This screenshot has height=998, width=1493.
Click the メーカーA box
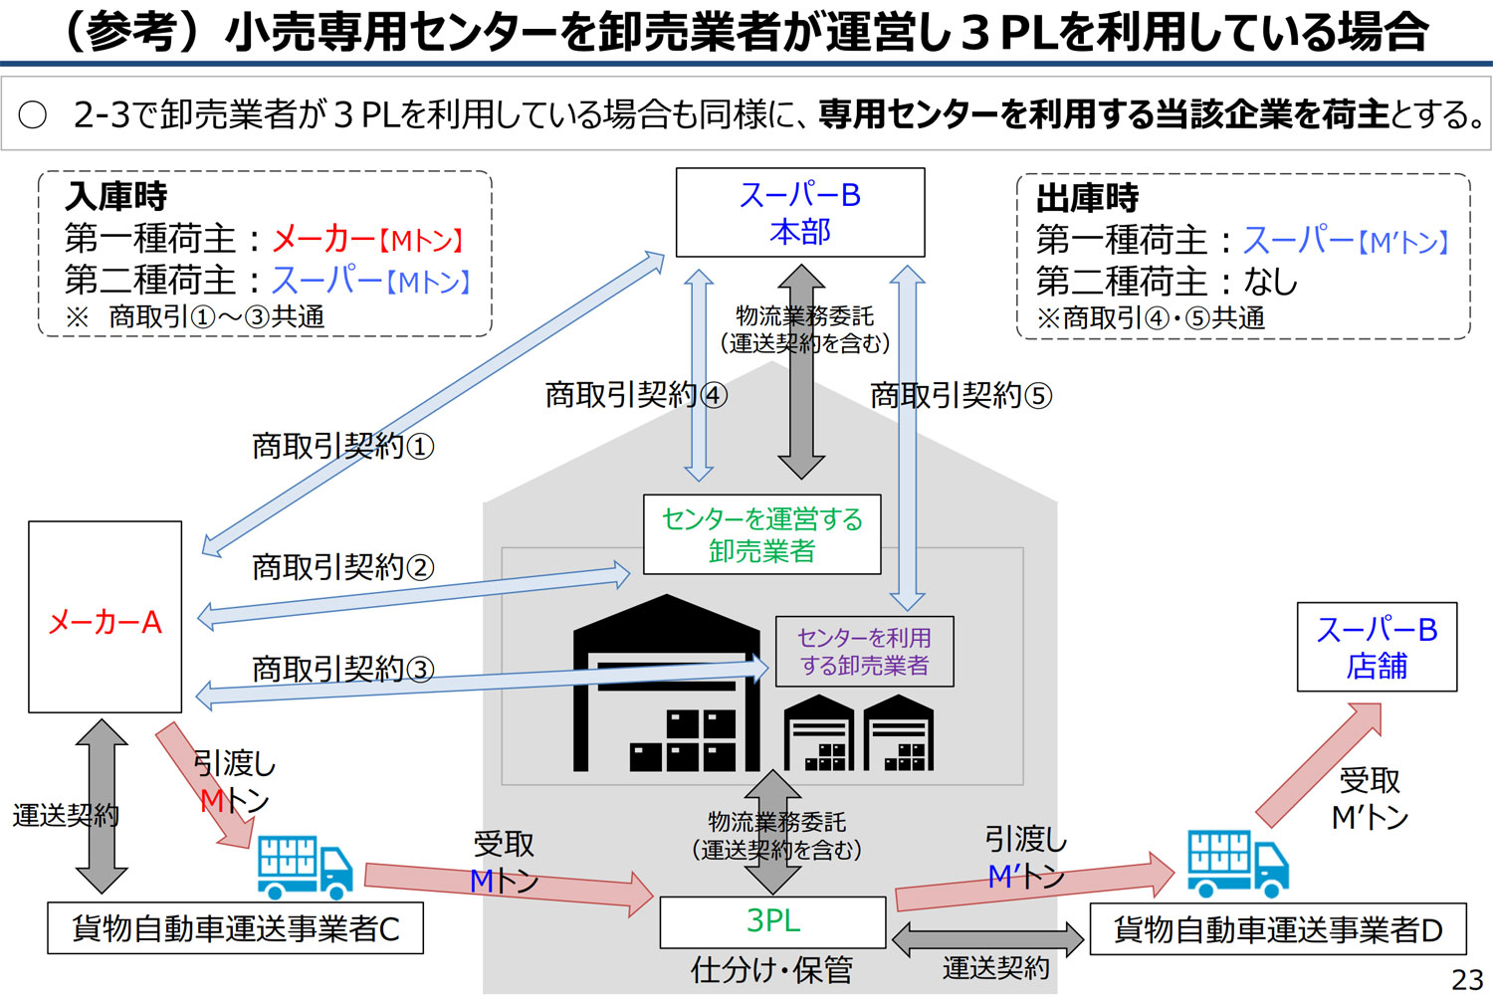[105, 617]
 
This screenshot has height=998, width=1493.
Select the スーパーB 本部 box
[800, 212]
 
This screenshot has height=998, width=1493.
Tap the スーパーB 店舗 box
[1377, 647]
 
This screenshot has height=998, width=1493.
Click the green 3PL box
[772, 921]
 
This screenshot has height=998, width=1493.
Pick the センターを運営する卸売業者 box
[761, 534]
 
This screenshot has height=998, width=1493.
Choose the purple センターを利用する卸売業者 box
[864, 652]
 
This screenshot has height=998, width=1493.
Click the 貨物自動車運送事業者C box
[235, 928]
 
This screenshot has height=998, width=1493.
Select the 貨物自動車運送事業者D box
[1277, 929]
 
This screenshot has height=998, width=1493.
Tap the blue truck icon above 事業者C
[304, 867]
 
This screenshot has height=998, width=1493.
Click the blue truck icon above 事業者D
[1237, 862]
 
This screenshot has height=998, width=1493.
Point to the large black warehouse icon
[667, 687]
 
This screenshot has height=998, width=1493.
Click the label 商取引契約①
[342, 446]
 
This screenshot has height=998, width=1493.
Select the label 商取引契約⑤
[960, 396]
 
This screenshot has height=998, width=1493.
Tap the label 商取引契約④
[636, 395]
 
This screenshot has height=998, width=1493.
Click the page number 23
[1466, 979]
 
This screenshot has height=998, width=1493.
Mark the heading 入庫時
[116, 196]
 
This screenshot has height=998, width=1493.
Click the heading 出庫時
[1087, 198]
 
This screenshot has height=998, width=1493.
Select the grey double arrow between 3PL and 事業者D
[987, 938]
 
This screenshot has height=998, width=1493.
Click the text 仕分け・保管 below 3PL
[771, 969]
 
